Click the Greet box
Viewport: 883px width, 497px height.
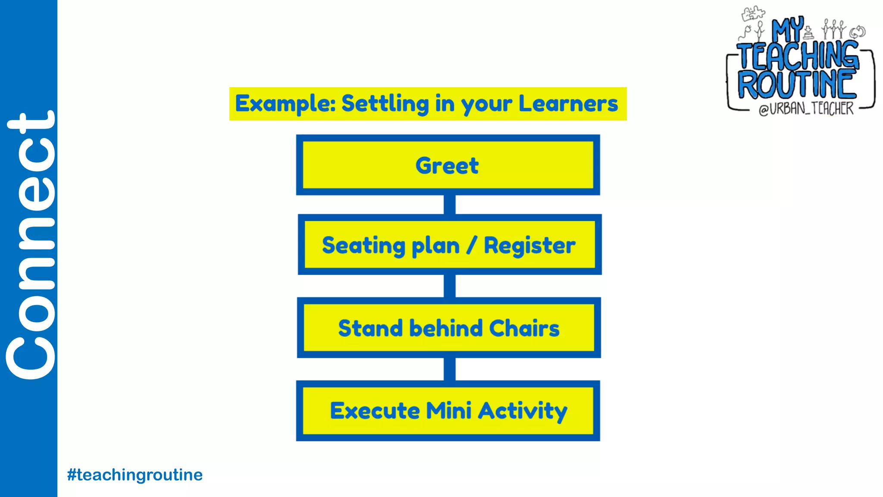click(448, 165)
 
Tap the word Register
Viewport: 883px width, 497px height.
click(529, 246)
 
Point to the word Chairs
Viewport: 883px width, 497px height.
click(524, 328)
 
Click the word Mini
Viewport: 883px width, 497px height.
click(448, 411)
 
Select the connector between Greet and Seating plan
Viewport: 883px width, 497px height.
click(450, 204)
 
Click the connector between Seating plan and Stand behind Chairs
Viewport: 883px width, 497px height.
click(450, 286)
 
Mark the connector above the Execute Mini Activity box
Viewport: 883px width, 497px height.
click(450, 369)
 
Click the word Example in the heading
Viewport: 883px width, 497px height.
click(285, 104)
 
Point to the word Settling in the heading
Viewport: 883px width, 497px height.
click(385, 104)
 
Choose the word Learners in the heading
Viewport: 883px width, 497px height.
click(568, 104)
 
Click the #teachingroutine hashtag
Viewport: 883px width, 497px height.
click(135, 475)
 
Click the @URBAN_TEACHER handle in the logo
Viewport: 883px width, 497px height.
click(806, 108)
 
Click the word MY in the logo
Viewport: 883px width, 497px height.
click(787, 29)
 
